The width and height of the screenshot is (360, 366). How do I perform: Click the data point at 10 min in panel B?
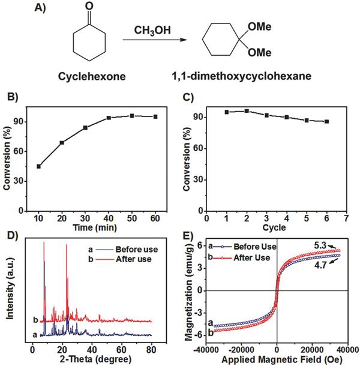click(39, 166)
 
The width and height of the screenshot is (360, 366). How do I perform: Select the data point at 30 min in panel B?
click(85, 128)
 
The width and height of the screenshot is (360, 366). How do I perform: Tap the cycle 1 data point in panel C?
click(227, 112)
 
